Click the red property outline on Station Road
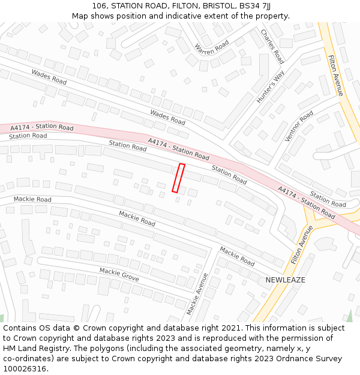pos(178,178)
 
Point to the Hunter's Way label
pos(271,87)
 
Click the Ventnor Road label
pos(299,126)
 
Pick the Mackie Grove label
pos(119,275)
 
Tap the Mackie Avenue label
pos(197,293)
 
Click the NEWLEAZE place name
pos(286,280)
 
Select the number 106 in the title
pos(100,6)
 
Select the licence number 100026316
pos(25,368)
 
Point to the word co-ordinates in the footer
pos(28,359)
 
